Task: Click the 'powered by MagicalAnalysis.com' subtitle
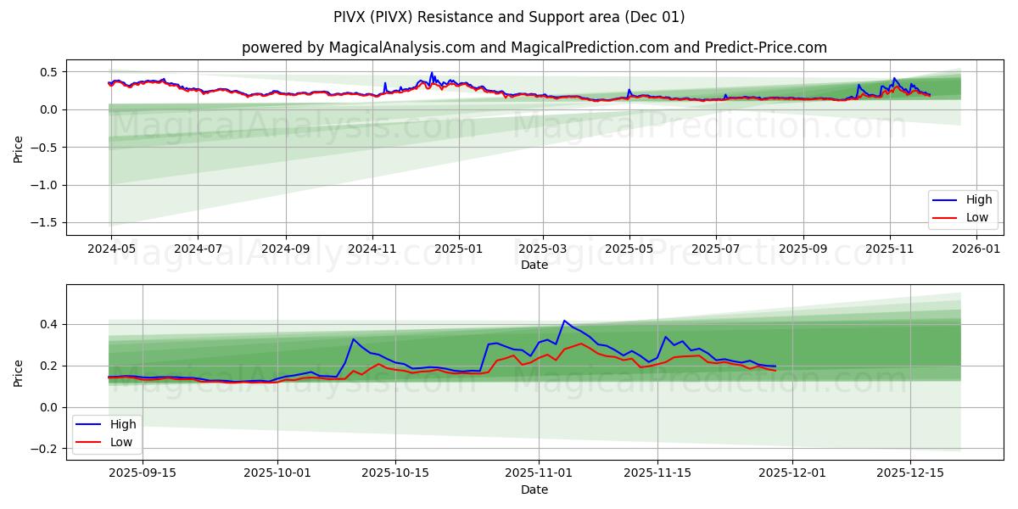coord(534,48)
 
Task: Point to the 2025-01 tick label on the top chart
coord(459,249)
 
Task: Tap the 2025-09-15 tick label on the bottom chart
coord(143,473)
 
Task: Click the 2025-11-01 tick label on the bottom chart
coord(539,473)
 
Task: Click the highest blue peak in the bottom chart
coord(564,321)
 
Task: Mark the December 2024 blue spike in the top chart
coord(431,74)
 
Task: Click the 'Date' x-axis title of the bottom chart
coord(534,489)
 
